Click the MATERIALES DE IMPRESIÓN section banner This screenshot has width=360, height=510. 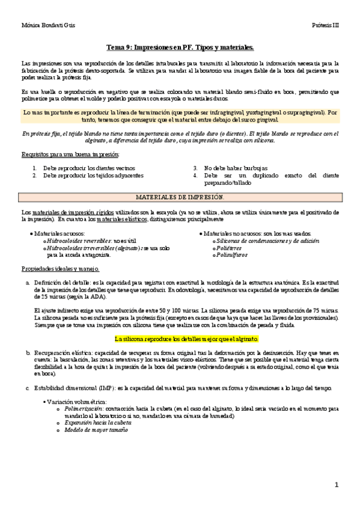pos(180,197)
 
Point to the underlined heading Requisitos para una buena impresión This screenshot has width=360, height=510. pos(70,155)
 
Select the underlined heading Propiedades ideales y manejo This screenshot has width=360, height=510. pos(60,268)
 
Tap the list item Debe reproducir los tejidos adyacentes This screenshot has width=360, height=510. pos(93,176)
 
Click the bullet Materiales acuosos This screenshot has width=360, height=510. pos(59,233)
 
